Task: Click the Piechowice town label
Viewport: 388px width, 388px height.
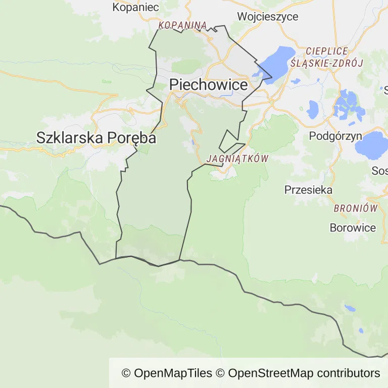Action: tap(208, 84)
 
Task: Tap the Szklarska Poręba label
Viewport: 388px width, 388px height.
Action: tap(96, 137)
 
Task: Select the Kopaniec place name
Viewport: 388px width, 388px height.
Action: tap(135, 7)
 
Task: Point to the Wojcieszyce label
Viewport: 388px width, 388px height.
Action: tap(268, 16)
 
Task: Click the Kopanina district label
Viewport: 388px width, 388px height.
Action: tap(182, 25)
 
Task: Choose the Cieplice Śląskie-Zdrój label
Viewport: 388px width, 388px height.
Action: tap(327, 57)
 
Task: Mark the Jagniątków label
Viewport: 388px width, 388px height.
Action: tap(237, 159)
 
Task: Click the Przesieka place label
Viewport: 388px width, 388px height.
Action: tap(308, 190)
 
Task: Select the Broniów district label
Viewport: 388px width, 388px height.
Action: tap(356, 208)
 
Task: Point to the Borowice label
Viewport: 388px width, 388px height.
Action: tap(353, 227)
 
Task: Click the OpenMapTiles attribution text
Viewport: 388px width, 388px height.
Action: tap(167, 373)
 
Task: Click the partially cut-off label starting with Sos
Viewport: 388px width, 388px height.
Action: tap(379, 171)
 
